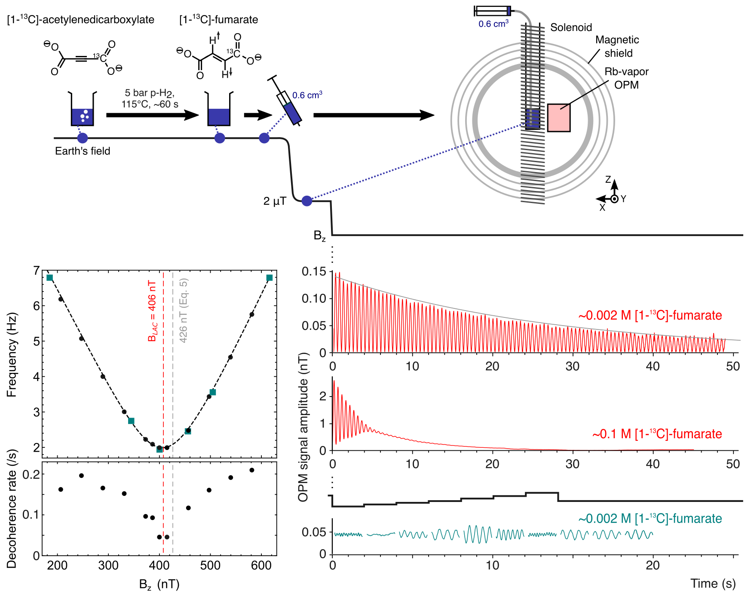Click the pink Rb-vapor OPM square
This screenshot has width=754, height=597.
coord(558,117)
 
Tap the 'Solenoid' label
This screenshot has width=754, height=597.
coord(571,28)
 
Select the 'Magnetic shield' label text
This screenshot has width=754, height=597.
coord(617,46)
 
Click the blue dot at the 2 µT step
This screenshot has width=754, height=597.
coord(307,201)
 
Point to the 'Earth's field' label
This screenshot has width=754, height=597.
coord(83,151)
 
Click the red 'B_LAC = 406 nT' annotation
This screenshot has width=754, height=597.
coord(152,311)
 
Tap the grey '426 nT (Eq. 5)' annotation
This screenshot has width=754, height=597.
coord(184,311)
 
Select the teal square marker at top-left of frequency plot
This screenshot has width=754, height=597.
coord(50,278)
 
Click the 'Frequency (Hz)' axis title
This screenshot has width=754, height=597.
coord(12,355)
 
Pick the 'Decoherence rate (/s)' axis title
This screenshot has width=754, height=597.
coord(12,509)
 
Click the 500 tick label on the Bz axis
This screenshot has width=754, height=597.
coord(210,566)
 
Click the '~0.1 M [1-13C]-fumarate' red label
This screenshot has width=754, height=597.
coord(657,434)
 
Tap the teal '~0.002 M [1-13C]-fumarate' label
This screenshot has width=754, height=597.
coord(650,519)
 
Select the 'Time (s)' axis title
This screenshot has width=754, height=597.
coord(713,584)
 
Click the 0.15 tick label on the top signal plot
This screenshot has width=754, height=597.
coord(314,271)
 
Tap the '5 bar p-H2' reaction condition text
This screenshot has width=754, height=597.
coord(150,93)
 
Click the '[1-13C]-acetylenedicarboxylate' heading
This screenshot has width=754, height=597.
coord(81,19)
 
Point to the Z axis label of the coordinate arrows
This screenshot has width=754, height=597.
coord(608,179)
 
